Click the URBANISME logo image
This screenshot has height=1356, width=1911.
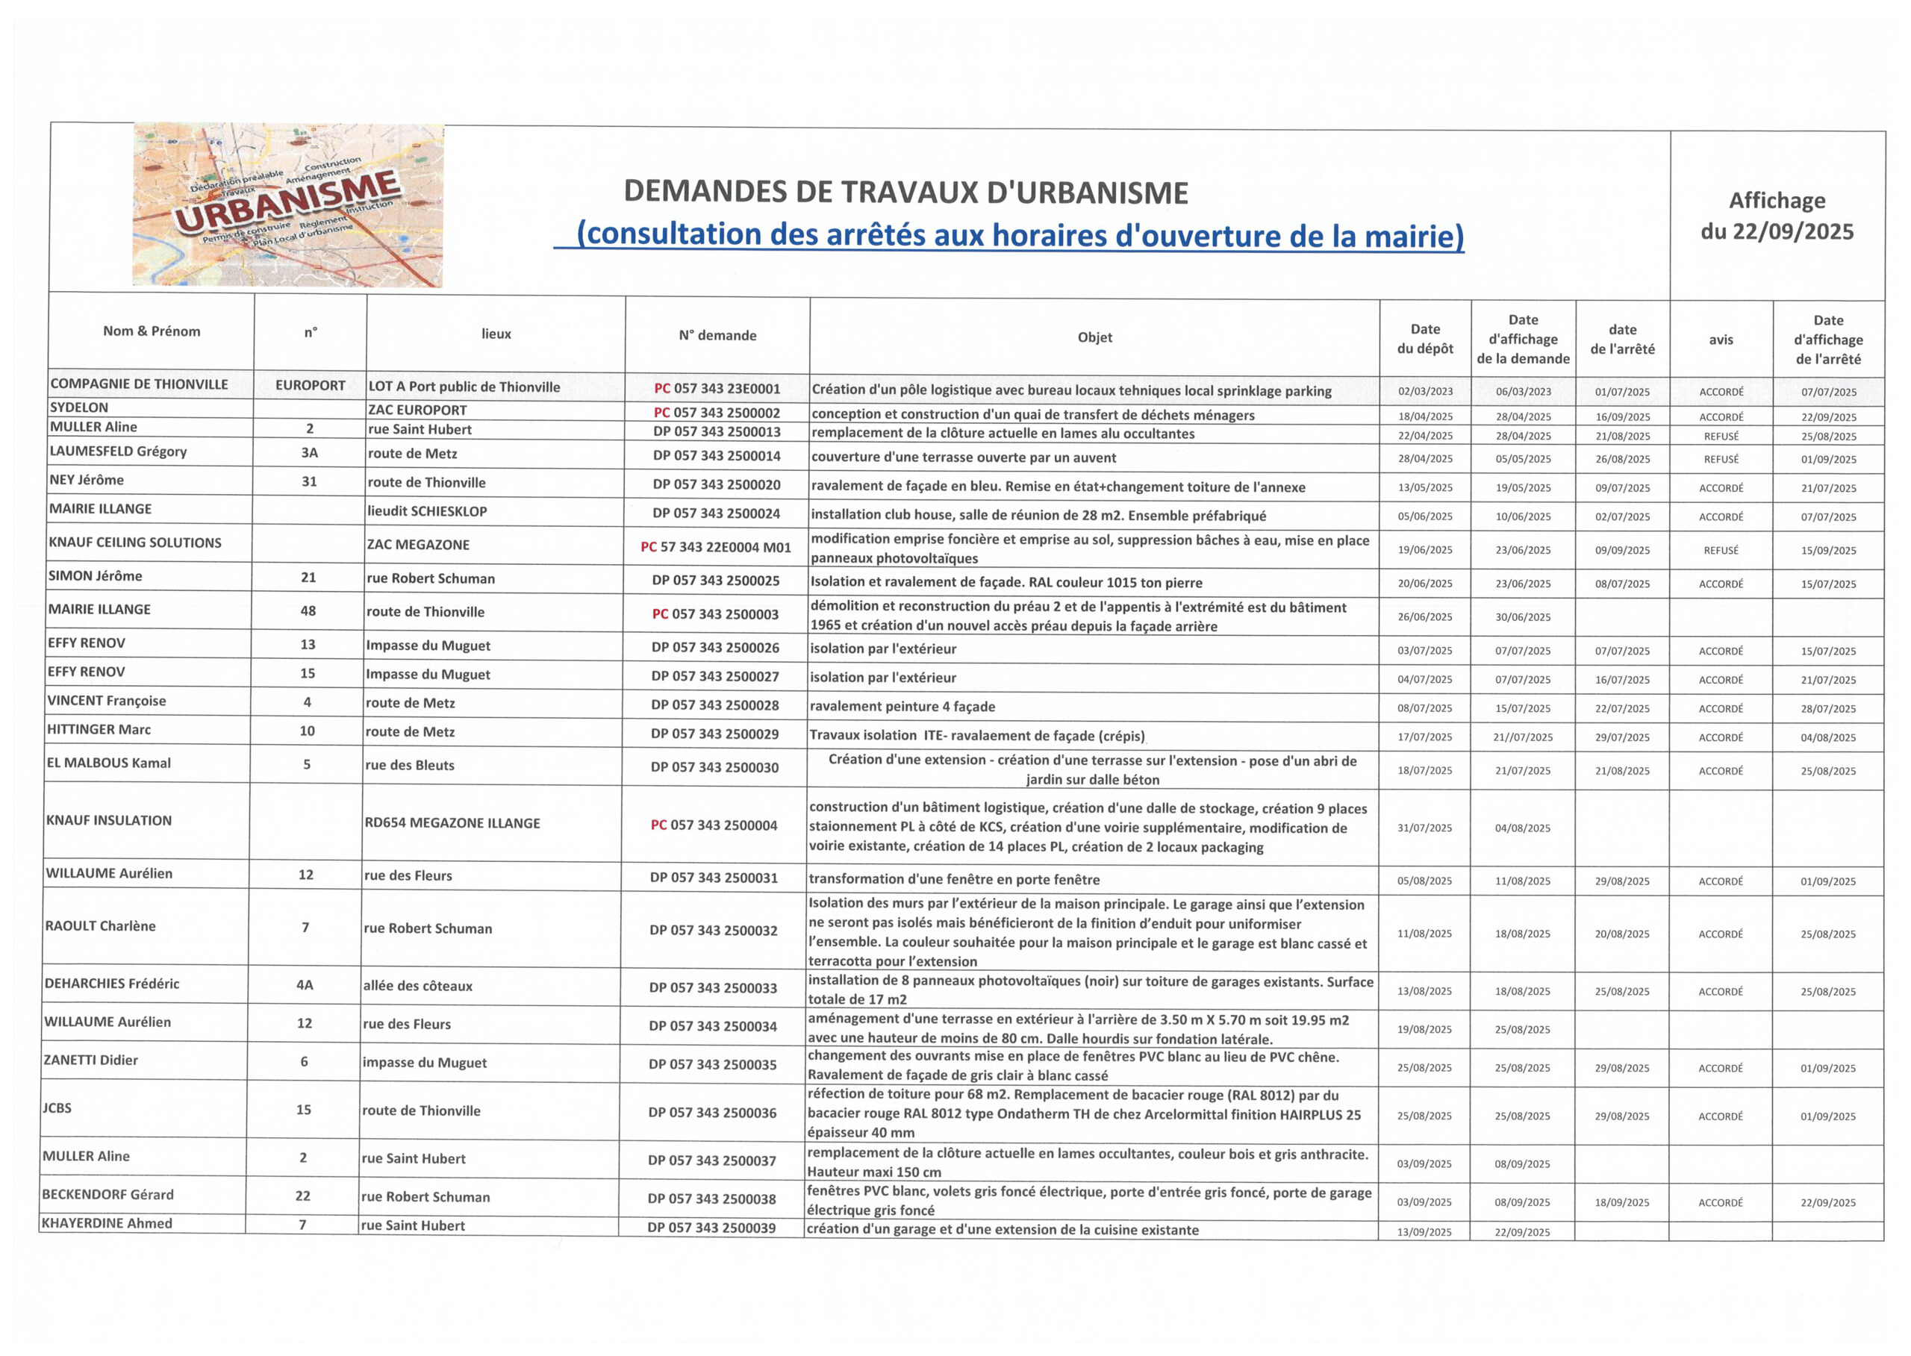(288, 205)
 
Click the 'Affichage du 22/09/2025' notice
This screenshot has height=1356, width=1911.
(1777, 216)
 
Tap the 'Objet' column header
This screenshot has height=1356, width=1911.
(1094, 337)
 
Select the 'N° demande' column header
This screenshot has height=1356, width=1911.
(717, 336)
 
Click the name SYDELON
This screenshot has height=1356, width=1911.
(79, 407)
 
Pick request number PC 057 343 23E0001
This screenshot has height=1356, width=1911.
(717, 388)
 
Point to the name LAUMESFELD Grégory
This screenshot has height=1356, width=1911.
(118, 452)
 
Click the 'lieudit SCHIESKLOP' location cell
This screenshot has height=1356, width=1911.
(427, 511)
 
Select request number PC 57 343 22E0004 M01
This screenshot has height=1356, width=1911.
(715, 547)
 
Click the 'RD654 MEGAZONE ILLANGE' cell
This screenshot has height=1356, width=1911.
(452, 823)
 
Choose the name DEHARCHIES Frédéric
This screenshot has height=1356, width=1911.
(112, 984)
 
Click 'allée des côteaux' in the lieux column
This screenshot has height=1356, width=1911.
(417, 986)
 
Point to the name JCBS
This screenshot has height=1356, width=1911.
(57, 1108)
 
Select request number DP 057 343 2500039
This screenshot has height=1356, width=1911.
(711, 1228)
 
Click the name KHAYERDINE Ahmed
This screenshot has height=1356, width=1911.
(107, 1223)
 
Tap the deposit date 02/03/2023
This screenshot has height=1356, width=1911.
(1425, 392)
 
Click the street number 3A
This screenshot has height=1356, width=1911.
(309, 452)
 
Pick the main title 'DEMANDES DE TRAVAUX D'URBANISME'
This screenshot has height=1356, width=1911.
(905, 193)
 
